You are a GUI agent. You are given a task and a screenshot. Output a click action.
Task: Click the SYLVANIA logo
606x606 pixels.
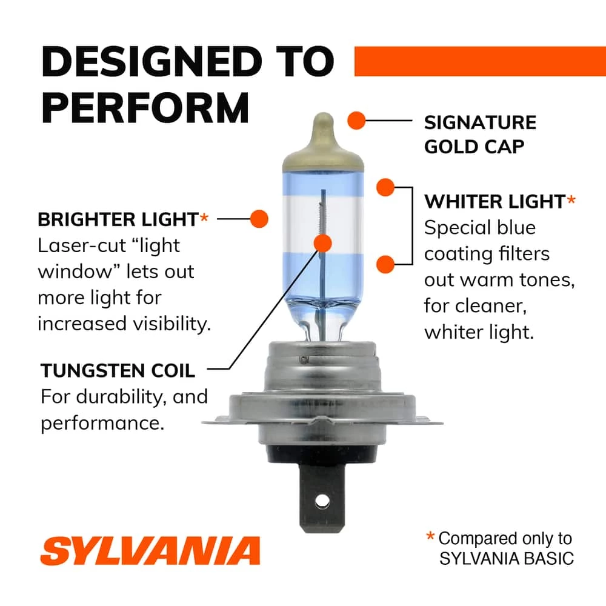pyautogui.click(x=150, y=551)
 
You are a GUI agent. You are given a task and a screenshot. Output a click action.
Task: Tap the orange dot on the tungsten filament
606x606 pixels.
pyautogui.click(x=323, y=244)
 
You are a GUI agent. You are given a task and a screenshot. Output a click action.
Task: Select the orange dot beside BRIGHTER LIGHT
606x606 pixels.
pyautogui.click(x=259, y=218)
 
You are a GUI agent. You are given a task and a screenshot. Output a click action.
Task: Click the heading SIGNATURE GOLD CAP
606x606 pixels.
pyautogui.click(x=480, y=134)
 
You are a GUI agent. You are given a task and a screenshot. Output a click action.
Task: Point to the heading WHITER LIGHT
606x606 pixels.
pyautogui.click(x=494, y=201)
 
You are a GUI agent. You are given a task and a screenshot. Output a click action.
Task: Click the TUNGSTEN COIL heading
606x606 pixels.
pyautogui.click(x=118, y=370)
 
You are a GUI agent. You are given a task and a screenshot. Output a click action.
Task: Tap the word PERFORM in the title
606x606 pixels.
pyautogui.click(x=145, y=107)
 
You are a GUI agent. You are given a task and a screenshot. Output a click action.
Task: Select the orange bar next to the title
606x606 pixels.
pyautogui.click(x=479, y=61)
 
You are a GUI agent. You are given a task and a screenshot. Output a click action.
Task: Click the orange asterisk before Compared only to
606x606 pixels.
pyautogui.click(x=430, y=537)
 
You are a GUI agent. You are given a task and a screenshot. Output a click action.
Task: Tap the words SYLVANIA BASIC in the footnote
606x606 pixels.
pyautogui.click(x=506, y=558)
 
